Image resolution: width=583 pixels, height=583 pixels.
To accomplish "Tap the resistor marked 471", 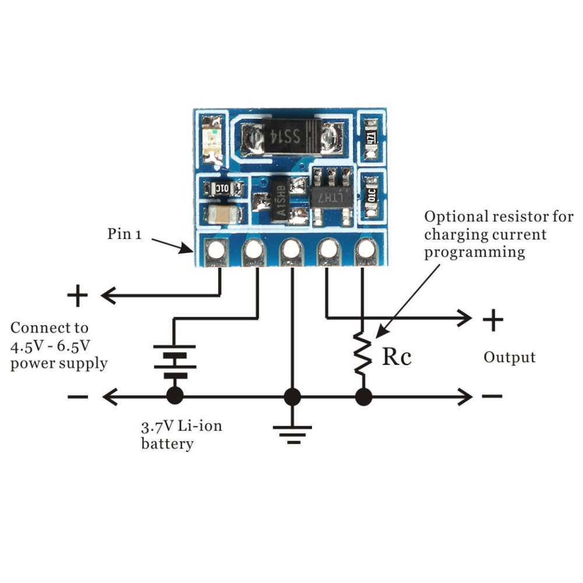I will click(x=371, y=138).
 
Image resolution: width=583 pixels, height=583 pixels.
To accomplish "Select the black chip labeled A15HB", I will click(x=279, y=201).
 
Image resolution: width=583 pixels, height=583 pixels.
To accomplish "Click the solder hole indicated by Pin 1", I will click(x=216, y=250).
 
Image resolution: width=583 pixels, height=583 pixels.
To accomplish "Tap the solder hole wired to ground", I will click(x=291, y=250).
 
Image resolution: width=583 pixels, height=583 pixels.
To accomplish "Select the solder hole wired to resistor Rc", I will click(x=366, y=250).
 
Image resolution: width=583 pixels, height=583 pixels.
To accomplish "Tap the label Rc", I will click(x=396, y=357).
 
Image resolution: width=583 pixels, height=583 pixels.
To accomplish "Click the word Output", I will click(x=509, y=357).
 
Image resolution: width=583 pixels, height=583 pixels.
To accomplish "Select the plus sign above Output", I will click(x=493, y=320).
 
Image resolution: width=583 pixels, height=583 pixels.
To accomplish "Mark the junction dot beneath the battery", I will click(x=174, y=397).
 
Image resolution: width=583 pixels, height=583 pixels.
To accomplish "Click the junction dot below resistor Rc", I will click(x=363, y=397).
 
